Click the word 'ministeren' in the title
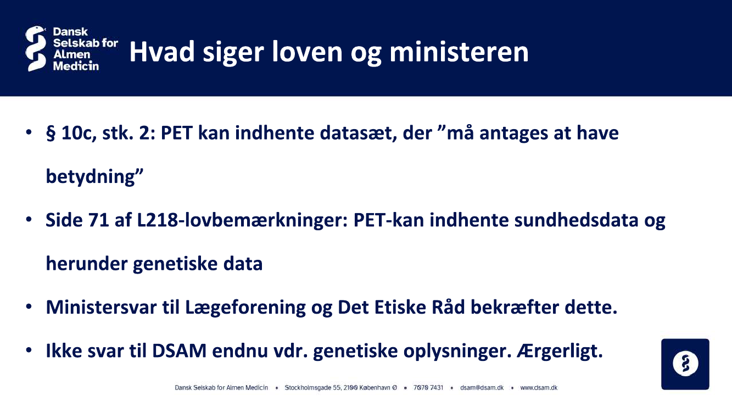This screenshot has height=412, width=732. (459, 52)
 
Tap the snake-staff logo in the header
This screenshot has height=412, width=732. (35, 49)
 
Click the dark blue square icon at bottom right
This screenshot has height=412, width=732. (685, 364)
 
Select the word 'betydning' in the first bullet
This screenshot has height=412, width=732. (91, 177)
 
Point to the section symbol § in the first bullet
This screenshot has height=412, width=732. (51, 133)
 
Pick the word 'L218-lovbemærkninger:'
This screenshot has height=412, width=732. (243, 220)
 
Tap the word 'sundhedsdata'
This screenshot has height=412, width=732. (577, 220)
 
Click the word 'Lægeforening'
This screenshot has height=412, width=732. (245, 308)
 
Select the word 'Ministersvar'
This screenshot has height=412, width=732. (101, 308)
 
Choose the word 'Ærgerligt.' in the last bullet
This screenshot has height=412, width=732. (560, 351)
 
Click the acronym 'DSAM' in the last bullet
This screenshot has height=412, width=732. (180, 351)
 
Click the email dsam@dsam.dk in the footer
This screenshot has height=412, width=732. (482, 388)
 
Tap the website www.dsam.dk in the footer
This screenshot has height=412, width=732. (539, 388)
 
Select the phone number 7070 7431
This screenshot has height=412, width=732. (428, 388)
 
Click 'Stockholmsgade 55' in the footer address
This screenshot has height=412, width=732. (313, 388)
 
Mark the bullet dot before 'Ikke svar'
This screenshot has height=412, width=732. (29, 350)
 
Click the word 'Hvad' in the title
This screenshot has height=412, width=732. (162, 52)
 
